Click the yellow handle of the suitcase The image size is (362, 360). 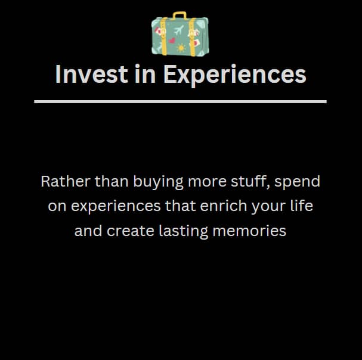click(180, 13)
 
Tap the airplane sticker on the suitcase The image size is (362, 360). click(179, 30)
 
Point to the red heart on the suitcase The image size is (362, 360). click(172, 41)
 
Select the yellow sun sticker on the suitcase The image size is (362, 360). click(181, 48)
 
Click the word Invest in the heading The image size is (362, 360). click(91, 75)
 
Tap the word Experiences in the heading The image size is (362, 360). click(235, 75)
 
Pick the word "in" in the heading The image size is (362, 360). click(145, 74)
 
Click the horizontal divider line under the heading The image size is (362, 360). click(180, 101)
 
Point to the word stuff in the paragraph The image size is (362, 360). click(250, 182)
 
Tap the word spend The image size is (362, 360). click(298, 182)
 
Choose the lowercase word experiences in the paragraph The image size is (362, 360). click(116, 206)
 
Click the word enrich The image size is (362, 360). click(224, 206)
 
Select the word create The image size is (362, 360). click(131, 231)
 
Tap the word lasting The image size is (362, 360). click(184, 231)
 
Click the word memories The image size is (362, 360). click(249, 231)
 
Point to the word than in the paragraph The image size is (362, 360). click(112, 181)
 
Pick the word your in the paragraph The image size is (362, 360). click(269, 207)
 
